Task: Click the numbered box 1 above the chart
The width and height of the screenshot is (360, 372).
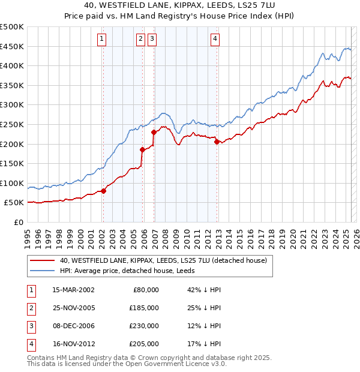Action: tap(102, 39)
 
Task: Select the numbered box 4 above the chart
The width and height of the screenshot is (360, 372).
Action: tap(215, 39)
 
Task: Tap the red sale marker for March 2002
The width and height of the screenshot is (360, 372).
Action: tap(103, 191)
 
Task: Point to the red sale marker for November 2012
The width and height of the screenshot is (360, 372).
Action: tap(217, 142)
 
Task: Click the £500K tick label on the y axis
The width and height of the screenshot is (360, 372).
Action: tap(12, 27)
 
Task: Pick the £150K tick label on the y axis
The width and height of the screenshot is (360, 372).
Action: tap(12, 163)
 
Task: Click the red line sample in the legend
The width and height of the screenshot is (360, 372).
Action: tap(41, 260)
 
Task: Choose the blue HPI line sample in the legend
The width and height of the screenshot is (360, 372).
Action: tap(41, 271)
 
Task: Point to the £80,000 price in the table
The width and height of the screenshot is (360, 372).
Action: tap(146, 290)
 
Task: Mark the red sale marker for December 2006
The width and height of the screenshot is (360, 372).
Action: tap(154, 131)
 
